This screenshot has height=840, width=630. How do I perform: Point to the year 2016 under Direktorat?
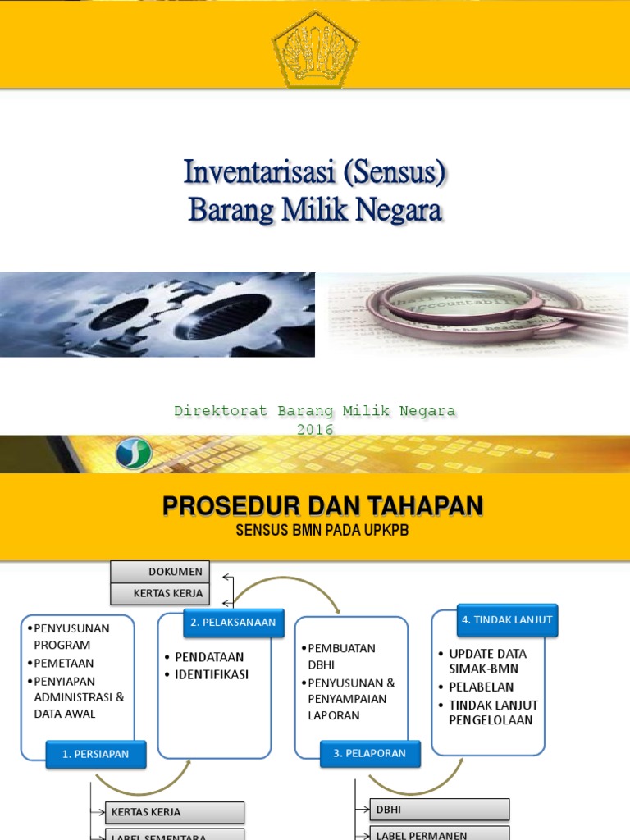pos(315,429)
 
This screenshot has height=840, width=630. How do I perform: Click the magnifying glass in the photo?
pos(459,308)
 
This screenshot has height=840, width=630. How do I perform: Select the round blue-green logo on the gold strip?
pos(133,454)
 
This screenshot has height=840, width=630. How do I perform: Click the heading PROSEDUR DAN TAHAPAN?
pos(322,506)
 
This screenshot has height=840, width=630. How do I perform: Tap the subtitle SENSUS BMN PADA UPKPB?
pos(322,531)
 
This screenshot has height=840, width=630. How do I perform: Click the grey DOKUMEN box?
pos(160,572)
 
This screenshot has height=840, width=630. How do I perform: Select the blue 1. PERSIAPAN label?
pos(96,755)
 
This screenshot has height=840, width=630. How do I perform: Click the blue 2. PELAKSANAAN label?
pos(233,623)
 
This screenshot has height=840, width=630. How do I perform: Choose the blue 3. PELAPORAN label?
pos(370,754)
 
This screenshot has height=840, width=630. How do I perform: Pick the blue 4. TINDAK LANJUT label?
pos(507,620)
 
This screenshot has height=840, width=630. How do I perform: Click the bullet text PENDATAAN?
pos(209,657)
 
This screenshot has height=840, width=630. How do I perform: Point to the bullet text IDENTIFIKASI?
pos(211,675)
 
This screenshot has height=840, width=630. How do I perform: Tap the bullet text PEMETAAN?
pos(64,663)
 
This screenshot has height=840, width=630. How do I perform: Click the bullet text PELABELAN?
pos(482,687)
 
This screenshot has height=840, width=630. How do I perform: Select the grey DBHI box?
pos(440,810)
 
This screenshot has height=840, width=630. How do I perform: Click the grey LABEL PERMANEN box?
pos(440,833)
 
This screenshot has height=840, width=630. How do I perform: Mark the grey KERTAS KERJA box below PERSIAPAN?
pos(175,812)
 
